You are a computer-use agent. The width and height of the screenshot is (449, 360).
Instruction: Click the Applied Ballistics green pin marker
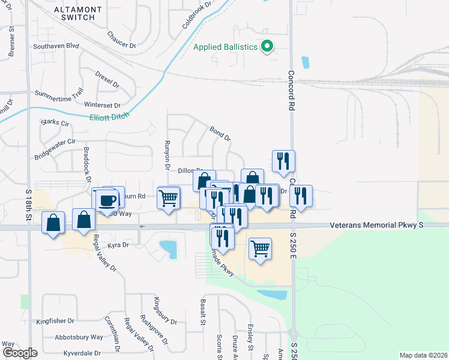tap(268, 46)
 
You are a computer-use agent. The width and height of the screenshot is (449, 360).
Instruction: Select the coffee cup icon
tap(108, 200)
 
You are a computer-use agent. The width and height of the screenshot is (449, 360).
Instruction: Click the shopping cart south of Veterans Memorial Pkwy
tap(260, 248)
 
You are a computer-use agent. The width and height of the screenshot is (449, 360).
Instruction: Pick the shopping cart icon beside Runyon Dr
tap(169, 197)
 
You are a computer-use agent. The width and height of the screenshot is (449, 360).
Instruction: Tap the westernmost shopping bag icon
tap(54, 223)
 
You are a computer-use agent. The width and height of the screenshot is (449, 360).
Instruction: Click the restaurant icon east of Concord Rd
tap(301, 195)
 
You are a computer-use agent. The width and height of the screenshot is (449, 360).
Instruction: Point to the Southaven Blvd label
tap(56, 46)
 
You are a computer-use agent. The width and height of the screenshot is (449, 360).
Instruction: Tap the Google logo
tap(20, 353)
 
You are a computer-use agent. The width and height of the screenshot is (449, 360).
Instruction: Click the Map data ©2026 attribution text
tap(423, 355)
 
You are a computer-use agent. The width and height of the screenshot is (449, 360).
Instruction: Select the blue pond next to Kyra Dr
tap(169, 248)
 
